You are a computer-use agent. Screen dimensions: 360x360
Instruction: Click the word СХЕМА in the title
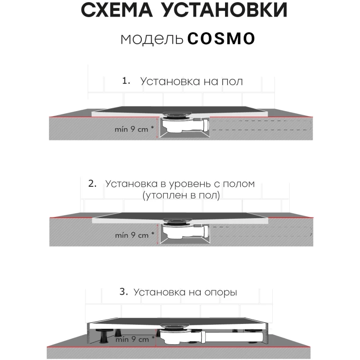(117, 10)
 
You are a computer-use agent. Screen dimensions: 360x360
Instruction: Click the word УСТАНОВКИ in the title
(225, 10)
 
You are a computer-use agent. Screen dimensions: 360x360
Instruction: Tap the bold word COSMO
(221, 38)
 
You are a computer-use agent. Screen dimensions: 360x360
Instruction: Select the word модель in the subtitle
(152, 39)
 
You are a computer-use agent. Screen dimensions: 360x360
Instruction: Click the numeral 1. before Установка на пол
(126, 81)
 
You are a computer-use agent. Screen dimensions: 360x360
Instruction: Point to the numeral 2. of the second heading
(92, 184)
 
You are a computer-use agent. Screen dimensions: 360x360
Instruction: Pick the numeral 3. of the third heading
(124, 292)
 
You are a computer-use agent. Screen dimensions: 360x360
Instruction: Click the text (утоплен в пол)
(181, 195)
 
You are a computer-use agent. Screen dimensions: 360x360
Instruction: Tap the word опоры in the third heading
(220, 293)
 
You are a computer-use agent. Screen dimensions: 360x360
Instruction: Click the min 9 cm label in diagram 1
(134, 129)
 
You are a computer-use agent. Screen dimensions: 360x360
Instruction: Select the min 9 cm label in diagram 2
(135, 235)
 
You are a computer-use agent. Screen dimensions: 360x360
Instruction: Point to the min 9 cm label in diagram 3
(135, 339)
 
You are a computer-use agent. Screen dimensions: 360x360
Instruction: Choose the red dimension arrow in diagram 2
(157, 234)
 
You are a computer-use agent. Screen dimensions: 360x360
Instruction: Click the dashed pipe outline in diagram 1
(261, 125)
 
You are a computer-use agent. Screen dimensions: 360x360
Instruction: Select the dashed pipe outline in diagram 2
(261, 231)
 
